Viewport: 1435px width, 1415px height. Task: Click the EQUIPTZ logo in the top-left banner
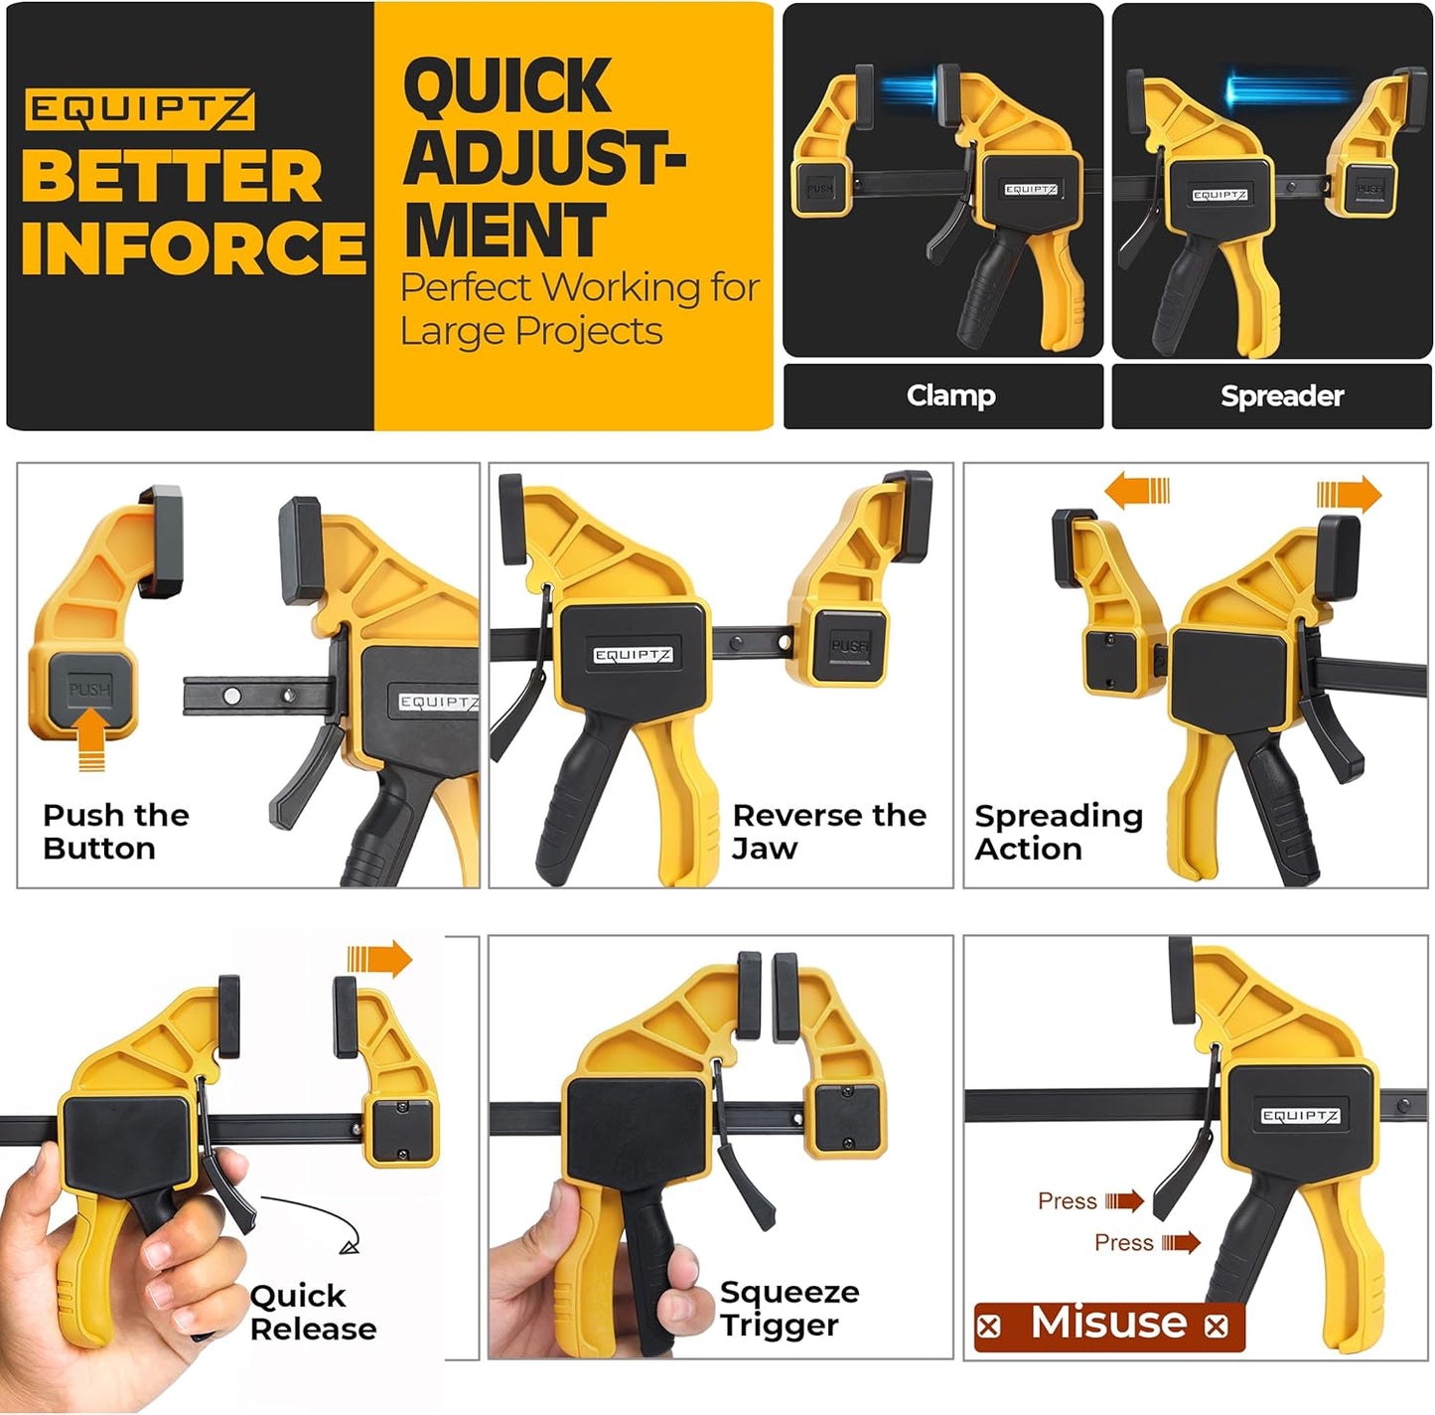coord(139,108)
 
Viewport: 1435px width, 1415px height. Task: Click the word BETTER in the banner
coord(172,177)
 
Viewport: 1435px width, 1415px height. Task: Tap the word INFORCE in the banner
coord(194,246)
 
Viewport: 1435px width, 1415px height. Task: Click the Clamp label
coord(950,395)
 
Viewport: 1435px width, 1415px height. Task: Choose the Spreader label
coord(1281,395)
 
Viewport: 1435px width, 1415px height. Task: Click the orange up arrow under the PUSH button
coord(90,745)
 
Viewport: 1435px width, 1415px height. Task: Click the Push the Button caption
coord(115,832)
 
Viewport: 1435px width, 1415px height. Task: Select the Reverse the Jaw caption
coord(828,832)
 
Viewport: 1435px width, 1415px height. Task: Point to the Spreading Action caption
coord(1058,832)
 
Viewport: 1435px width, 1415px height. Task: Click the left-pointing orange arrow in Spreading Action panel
coord(1137,491)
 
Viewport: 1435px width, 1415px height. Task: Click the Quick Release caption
coord(313,1312)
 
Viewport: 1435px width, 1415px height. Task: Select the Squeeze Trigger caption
coord(789,1308)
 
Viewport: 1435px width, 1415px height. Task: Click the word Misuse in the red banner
coord(1108,1324)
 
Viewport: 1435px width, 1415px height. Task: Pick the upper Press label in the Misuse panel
coord(1067,1201)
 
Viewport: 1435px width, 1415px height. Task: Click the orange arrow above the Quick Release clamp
coord(379,959)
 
